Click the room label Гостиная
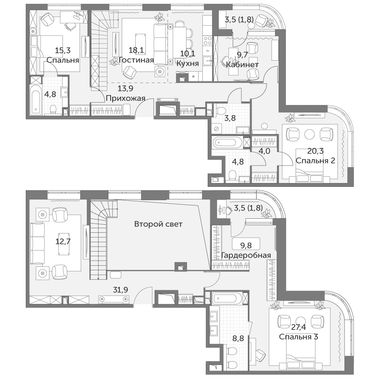136,60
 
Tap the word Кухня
188,63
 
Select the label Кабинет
242,64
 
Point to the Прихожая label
125,98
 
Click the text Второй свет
158,224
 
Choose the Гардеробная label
246,255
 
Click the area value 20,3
315,151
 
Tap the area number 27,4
299,327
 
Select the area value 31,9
121,289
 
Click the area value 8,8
238,338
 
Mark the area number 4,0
264,151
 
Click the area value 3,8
230,118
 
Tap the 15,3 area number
63,50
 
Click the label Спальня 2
315,160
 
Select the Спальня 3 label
299,337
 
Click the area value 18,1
136,50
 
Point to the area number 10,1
188,54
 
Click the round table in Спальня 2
310,135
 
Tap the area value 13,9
125,88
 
